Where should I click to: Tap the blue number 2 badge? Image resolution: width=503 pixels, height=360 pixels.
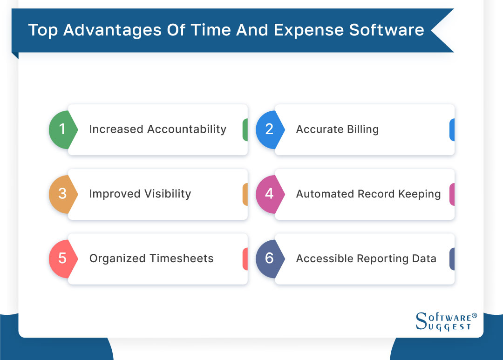coord(269,129)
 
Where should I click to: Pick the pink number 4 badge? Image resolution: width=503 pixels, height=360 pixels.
coord(269,194)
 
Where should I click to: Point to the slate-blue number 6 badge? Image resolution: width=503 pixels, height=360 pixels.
coord(269,258)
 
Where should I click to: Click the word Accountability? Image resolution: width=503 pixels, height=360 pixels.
coord(187,129)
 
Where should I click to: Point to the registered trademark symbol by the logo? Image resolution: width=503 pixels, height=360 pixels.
coord(474,316)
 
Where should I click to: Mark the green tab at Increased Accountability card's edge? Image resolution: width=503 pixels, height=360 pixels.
coord(245,129)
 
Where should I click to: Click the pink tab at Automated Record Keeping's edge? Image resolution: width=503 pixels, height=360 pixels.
coord(451,194)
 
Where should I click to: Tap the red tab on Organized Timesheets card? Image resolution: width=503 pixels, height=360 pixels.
coord(245,258)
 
